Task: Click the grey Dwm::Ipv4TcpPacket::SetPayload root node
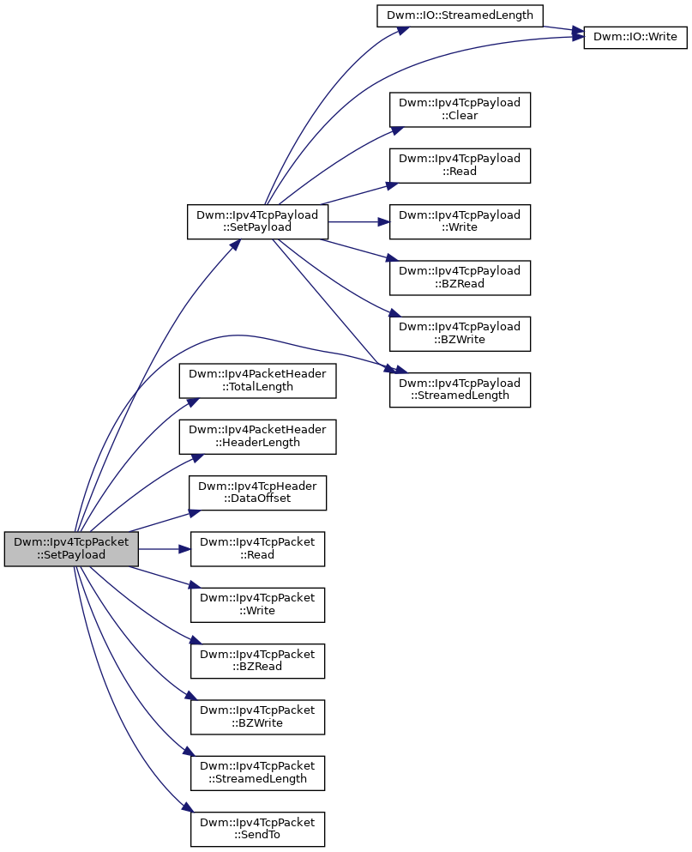71,549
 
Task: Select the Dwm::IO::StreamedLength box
460,15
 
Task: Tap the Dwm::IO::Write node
635,37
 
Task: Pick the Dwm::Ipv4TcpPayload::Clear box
460,110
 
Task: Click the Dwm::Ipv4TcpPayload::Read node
460,166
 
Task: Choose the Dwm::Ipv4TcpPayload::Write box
460,221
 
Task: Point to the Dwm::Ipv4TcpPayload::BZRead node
460,278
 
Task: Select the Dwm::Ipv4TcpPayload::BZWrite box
460,334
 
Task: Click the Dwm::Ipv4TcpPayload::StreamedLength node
460,390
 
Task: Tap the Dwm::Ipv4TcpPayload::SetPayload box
257,221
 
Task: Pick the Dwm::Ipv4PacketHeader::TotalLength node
257,381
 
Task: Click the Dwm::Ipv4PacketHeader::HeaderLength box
257,437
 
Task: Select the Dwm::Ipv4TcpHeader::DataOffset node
257,492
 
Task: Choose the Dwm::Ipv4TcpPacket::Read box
257,549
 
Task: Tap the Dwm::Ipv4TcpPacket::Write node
257,605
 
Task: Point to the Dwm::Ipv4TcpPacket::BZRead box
257,661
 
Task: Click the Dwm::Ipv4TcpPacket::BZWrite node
257,717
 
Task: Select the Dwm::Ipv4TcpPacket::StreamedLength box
257,773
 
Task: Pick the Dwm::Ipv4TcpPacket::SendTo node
257,829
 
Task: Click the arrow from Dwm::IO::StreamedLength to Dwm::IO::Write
564,29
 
